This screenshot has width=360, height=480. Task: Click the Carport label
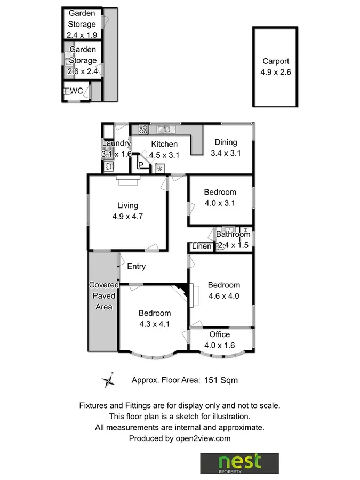tap(275, 61)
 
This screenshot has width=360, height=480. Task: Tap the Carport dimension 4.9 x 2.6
tap(275, 71)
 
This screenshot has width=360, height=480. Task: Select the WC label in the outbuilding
tap(76, 91)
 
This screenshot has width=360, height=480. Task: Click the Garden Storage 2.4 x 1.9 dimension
tap(82, 34)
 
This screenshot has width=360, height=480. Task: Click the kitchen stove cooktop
tap(143, 129)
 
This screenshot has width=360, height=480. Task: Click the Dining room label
tap(226, 142)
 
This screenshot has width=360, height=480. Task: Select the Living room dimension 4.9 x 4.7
tap(128, 217)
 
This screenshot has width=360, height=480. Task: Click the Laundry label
tap(116, 143)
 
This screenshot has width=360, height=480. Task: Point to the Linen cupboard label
tap(202, 246)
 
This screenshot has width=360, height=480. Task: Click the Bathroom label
tap(233, 234)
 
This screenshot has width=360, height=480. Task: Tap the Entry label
tap(136, 267)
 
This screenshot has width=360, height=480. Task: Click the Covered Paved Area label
tap(103, 296)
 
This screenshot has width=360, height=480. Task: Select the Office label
tap(219, 334)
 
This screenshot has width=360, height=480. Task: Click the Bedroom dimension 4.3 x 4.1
tap(154, 323)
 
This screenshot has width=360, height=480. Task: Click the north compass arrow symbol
tap(109, 380)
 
